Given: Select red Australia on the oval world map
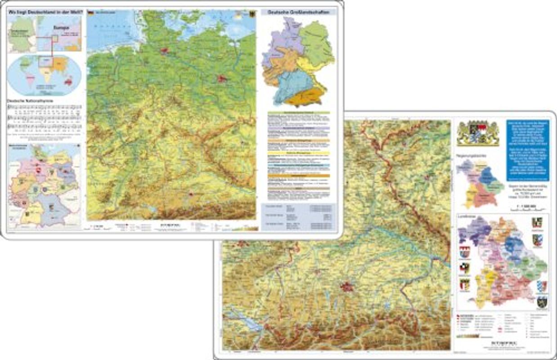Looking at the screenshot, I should tap(68, 82).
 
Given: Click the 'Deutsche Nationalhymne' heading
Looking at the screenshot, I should tap(30, 101).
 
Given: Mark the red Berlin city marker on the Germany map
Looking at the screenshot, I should tap(221, 79).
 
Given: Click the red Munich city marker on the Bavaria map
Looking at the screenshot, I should tap(347, 286).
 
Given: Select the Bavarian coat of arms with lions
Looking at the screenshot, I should tap(478, 133).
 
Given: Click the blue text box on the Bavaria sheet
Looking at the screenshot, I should tap(527, 148).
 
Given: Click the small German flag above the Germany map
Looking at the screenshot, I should tap(90, 12).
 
